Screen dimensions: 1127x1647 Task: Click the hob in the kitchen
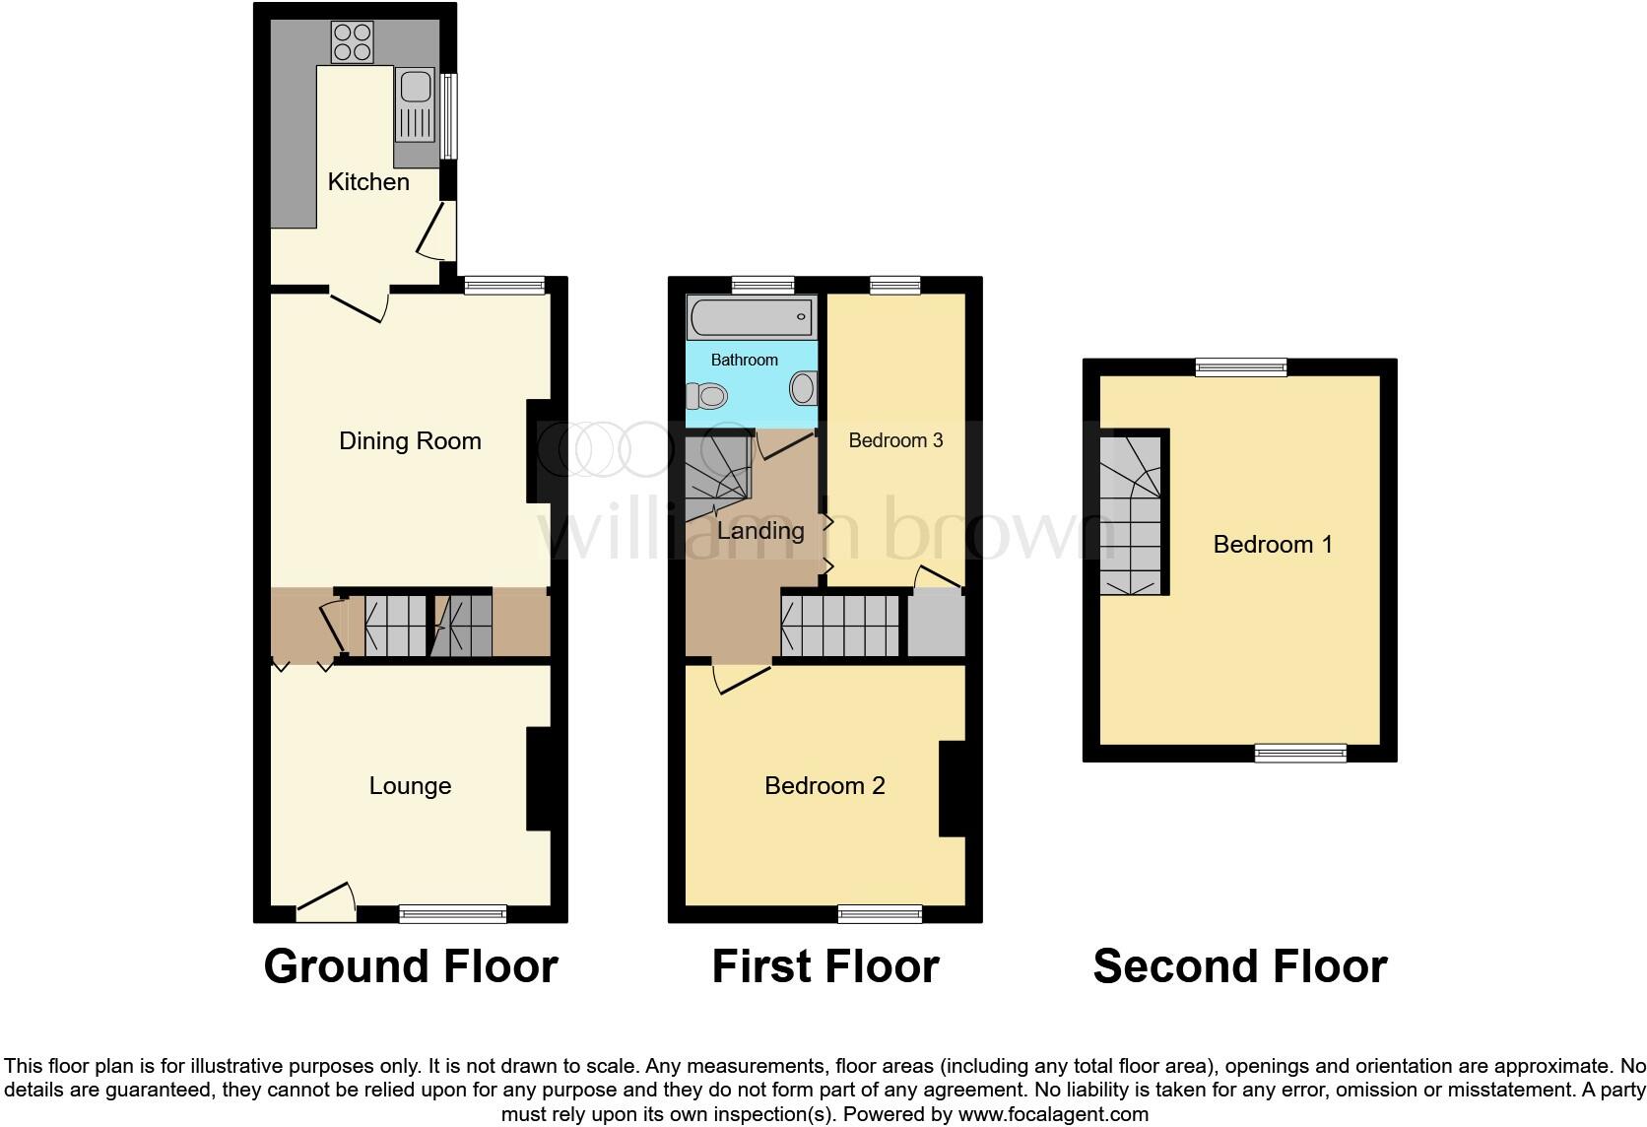[x=352, y=42]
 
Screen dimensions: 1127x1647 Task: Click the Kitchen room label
[x=367, y=182]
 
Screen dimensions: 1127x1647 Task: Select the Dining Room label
[x=410, y=441]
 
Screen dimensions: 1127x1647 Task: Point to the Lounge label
[x=410, y=786]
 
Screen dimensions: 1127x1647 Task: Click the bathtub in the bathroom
[x=751, y=317]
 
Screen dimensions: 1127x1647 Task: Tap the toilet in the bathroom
[x=706, y=397]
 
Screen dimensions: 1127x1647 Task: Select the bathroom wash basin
[x=803, y=387]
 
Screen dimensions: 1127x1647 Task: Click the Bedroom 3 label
[x=895, y=440]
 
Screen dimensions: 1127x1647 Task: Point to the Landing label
[x=760, y=531]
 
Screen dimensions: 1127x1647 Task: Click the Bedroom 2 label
[x=824, y=786]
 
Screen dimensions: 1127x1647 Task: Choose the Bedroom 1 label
[x=1273, y=545]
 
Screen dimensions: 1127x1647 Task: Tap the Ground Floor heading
[x=410, y=966]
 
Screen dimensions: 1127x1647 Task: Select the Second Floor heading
[x=1239, y=966]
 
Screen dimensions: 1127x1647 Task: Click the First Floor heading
[x=824, y=966]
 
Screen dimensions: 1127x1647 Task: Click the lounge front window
[x=453, y=914]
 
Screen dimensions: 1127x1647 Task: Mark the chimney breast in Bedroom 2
[x=952, y=788]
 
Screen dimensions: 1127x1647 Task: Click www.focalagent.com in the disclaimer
[x=1052, y=1115]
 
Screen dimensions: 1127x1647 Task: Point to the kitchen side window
[x=448, y=116]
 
